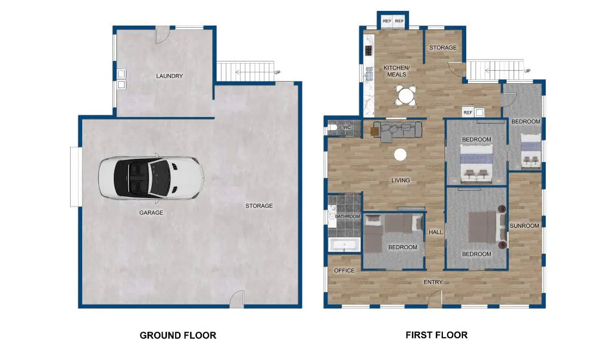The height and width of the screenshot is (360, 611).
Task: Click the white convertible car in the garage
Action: [151, 178]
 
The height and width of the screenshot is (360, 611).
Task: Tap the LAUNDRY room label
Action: [170, 76]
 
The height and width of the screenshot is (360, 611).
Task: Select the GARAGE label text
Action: [151, 213]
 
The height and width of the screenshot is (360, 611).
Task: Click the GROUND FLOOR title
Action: [178, 336]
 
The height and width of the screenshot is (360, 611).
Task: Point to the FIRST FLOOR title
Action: [436, 335]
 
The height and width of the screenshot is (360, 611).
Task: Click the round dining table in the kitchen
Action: [406, 96]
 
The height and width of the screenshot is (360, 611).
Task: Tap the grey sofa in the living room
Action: [398, 131]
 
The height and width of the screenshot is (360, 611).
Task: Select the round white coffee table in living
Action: [400, 155]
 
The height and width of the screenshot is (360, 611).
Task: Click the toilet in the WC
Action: [332, 127]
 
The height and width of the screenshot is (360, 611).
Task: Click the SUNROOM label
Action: [524, 226]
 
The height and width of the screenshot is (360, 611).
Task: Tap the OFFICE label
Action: [344, 270]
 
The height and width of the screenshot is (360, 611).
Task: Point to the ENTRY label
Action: [433, 282]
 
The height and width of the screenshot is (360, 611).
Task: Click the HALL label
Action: [436, 232]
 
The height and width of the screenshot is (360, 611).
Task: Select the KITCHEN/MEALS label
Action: [397, 71]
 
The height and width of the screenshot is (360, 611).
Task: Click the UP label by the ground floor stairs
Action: [277, 72]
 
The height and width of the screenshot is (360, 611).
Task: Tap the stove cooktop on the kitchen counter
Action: [368, 51]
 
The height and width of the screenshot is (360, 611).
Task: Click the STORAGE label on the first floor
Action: [443, 47]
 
